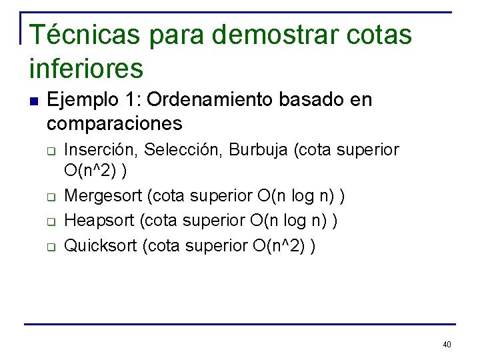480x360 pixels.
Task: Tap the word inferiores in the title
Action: [87, 67]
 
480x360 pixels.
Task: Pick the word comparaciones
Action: [115, 123]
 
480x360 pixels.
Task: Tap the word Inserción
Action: [99, 150]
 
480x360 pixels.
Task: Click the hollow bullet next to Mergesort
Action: [50, 197]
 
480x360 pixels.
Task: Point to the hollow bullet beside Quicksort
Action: [50, 247]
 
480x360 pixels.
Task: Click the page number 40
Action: [447, 345]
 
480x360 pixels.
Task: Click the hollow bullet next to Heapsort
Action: [50, 222]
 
